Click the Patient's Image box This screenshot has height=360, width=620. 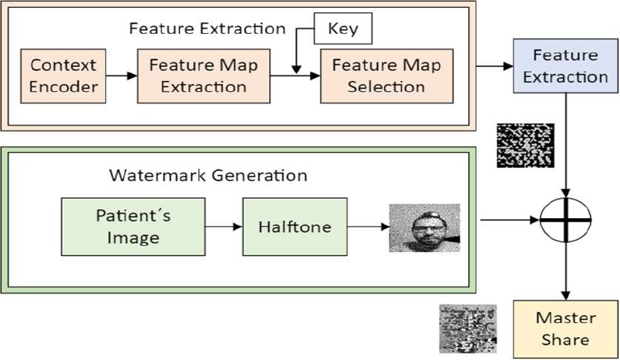tap(133, 226)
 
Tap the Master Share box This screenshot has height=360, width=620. tap(567, 328)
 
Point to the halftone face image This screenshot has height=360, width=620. tap(424, 229)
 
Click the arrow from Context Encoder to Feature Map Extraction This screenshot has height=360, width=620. tap(122, 75)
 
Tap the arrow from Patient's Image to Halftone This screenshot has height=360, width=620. tap(224, 227)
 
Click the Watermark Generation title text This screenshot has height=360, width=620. tap(207, 175)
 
